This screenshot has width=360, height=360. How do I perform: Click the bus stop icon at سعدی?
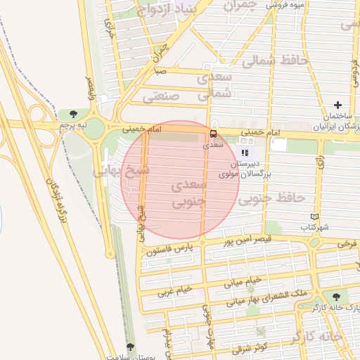tap(213, 134)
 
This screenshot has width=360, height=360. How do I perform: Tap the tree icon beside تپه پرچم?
tap(74, 113)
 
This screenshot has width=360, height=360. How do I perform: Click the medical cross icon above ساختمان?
tap(338, 105)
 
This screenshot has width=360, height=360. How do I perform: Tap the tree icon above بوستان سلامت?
tap(130, 347)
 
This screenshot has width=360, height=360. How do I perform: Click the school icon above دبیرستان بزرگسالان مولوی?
tap(245, 153)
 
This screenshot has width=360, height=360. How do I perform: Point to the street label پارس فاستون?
tap(170, 249)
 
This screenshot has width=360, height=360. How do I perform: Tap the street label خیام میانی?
tap(243, 281)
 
